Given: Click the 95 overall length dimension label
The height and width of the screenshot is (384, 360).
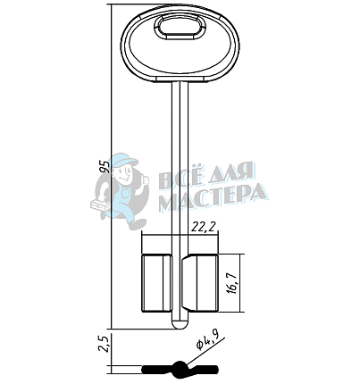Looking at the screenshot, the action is click(105, 167).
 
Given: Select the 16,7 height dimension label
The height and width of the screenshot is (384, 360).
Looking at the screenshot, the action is click(233, 283).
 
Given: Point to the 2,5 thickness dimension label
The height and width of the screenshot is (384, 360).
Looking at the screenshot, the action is click(104, 344).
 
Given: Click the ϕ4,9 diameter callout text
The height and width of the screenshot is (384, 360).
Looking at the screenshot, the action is click(208, 340).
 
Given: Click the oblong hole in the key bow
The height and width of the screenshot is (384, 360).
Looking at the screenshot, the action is click(180, 28).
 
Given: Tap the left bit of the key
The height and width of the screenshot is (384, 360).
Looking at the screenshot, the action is click(156, 283).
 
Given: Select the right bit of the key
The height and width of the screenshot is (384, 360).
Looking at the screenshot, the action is click(200, 283).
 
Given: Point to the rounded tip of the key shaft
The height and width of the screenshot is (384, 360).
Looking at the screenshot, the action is click(180, 324).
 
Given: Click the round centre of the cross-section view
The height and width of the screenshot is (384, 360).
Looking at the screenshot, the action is click(180, 370).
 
